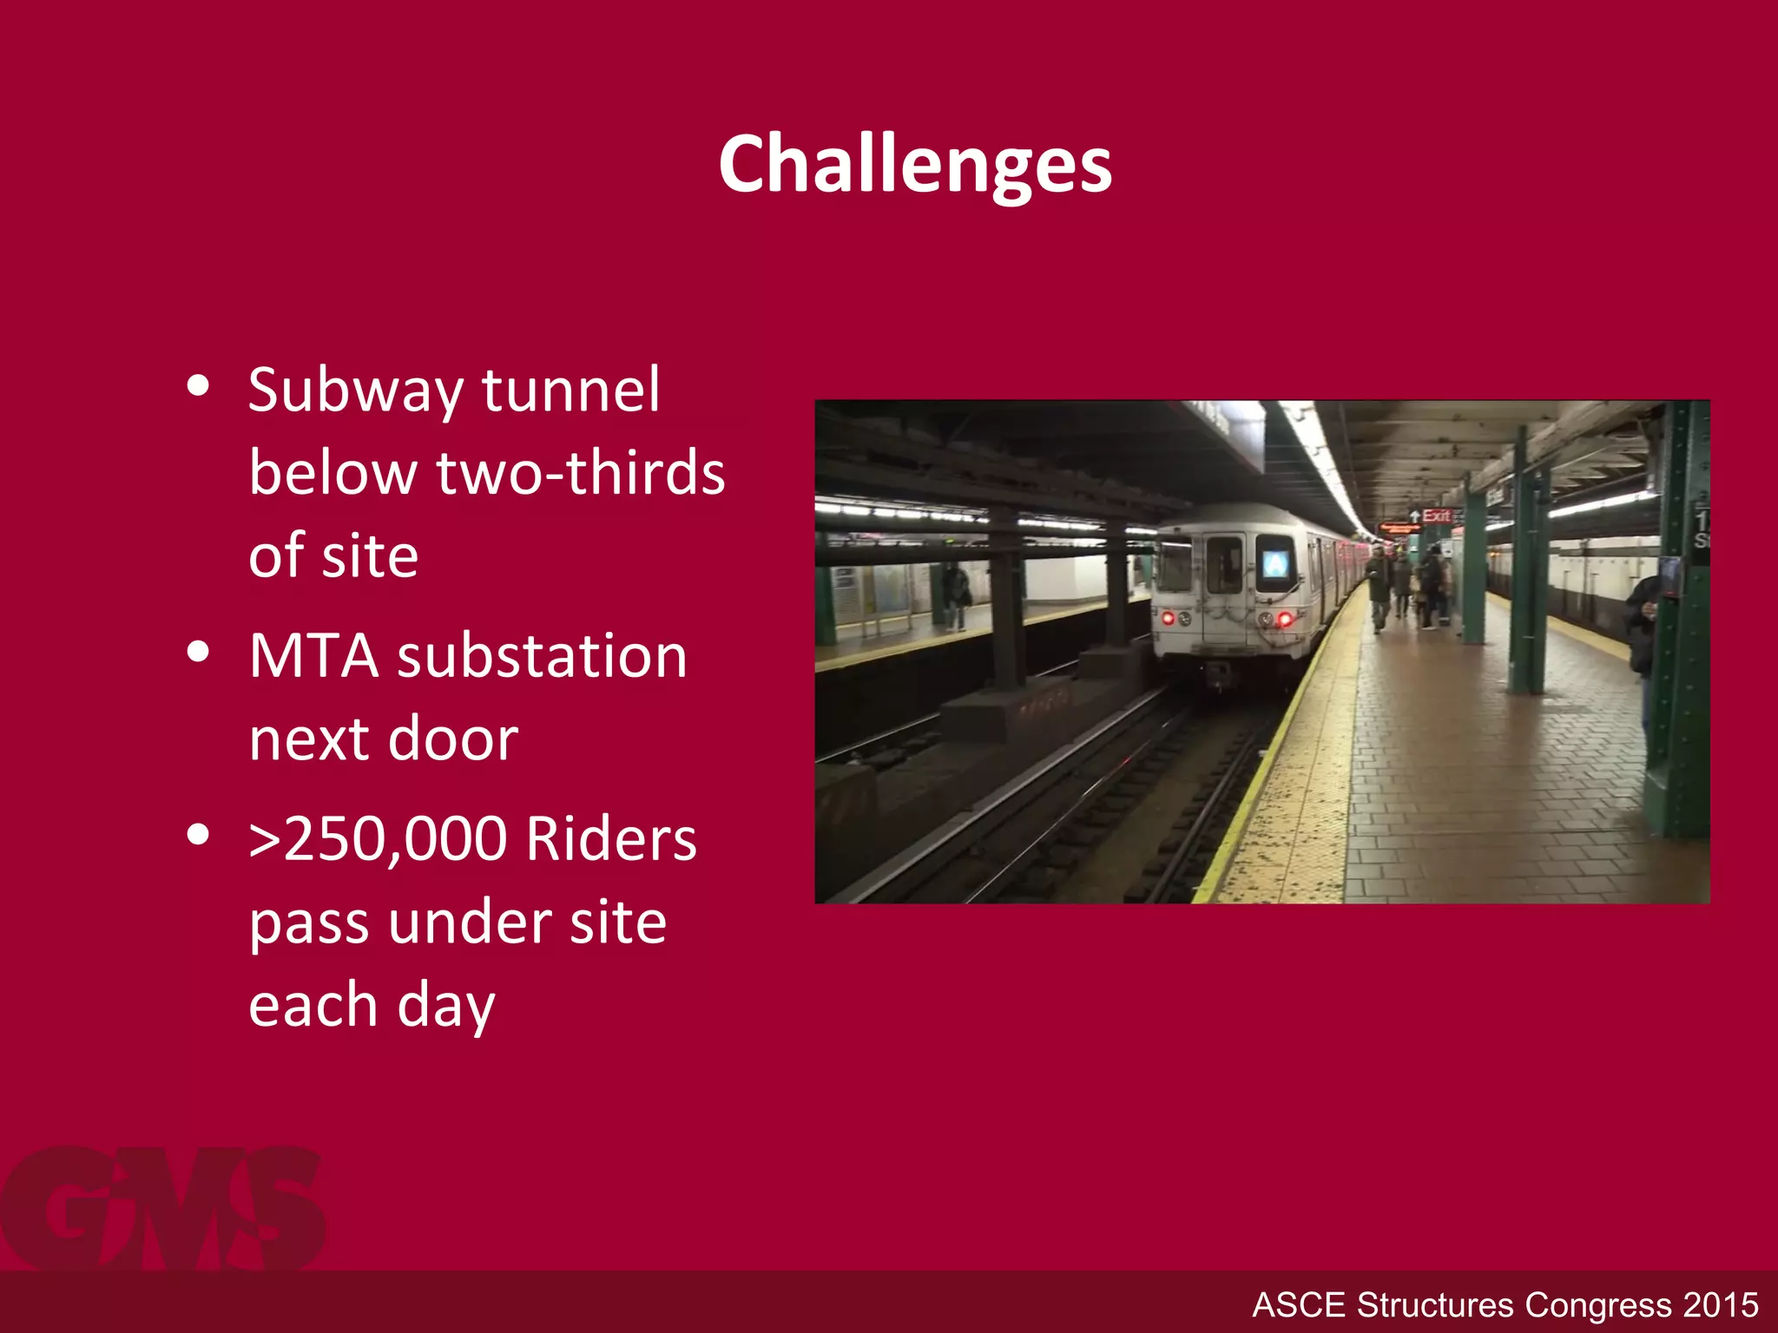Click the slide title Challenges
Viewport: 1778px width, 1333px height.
(915, 165)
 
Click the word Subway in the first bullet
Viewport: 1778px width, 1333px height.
(355, 391)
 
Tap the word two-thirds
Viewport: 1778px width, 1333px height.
(580, 474)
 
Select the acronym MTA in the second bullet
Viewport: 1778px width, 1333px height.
(313, 656)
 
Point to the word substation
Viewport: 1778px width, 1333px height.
(542, 656)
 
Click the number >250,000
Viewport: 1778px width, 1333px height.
(378, 839)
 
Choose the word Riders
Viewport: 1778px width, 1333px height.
(611, 839)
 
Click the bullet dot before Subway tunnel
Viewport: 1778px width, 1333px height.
(199, 385)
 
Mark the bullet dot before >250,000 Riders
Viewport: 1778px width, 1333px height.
(199, 834)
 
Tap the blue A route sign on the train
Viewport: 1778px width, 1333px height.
(1274, 564)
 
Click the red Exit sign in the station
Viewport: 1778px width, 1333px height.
(1436, 515)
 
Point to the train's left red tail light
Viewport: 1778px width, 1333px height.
(1169, 618)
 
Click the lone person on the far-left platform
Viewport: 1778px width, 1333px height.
(956, 594)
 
